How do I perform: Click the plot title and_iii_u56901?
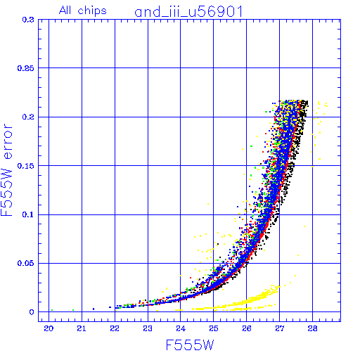click(x=188, y=12)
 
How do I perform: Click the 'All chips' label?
click(x=83, y=11)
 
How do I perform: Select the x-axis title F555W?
click(x=190, y=345)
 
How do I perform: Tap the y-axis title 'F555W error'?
click(x=6, y=170)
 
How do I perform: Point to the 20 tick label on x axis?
click(x=49, y=328)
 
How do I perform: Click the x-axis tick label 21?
click(x=82, y=328)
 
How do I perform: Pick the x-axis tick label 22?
click(x=115, y=328)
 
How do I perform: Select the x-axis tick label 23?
click(x=148, y=328)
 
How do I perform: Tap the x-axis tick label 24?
click(x=181, y=328)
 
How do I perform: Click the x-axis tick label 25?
click(x=214, y=328)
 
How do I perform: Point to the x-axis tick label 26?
click(x=247, y=328)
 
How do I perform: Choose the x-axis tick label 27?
click(x=280, y=328)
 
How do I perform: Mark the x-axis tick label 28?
click(x=312, y=328)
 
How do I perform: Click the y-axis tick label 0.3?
click(x=28, y=20)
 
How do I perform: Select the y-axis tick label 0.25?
click(x=26, y=68)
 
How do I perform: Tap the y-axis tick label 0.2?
click(x=28, y=117)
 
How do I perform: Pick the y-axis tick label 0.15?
click(x=26, y=166)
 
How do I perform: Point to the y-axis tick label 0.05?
click(x=26, y=263)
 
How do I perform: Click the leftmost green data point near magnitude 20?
click(x=52, y=310)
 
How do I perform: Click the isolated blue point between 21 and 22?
click(x=94, y=309)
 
